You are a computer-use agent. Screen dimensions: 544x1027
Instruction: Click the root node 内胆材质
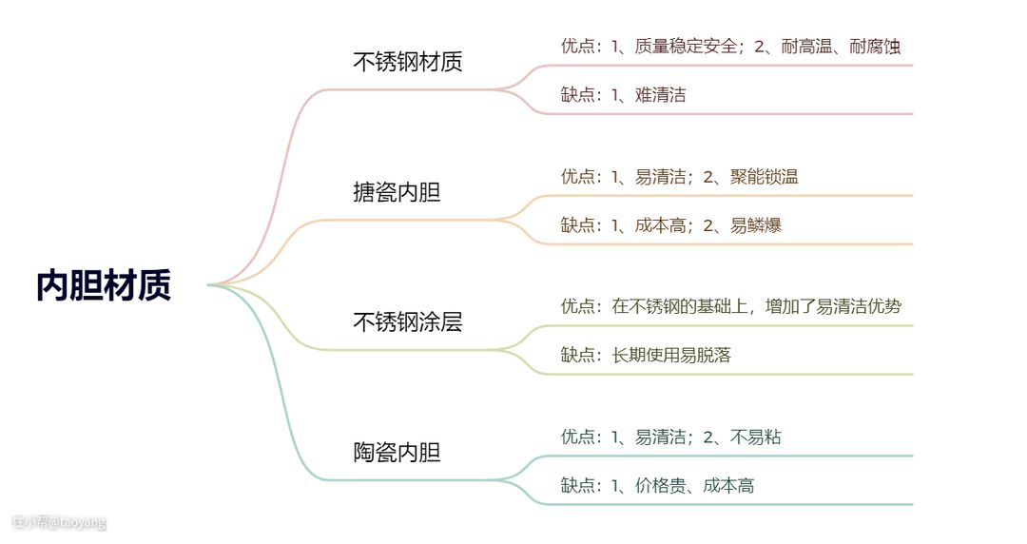(x=104, y=285)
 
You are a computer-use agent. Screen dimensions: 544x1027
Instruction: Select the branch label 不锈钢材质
(x=408, y=63)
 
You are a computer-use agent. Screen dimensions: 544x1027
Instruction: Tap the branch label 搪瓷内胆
(x=397, y=193)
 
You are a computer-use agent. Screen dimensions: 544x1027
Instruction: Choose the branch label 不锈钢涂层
(x=408, y=322)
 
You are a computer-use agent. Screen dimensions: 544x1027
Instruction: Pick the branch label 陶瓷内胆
(x=397, y=453)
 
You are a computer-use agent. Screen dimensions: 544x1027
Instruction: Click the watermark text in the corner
(x=59, y=522)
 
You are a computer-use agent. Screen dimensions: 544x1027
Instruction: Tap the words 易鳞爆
(x=756, y=225)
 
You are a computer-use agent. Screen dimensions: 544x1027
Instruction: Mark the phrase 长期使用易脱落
(x=671, y=355)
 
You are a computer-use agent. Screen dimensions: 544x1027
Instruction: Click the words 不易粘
(x=756, y=437)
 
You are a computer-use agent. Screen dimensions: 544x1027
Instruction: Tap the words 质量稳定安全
(x=681, y=46)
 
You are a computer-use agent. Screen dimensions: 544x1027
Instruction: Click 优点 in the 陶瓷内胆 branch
(x=577, y=437)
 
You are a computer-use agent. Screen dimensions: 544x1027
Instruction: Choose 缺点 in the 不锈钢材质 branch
(x=577, y=94)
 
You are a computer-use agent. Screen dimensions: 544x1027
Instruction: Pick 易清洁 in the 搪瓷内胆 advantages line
(x=661, y=176)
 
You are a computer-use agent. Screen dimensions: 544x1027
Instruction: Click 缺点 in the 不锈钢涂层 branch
(x=577, y=355)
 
